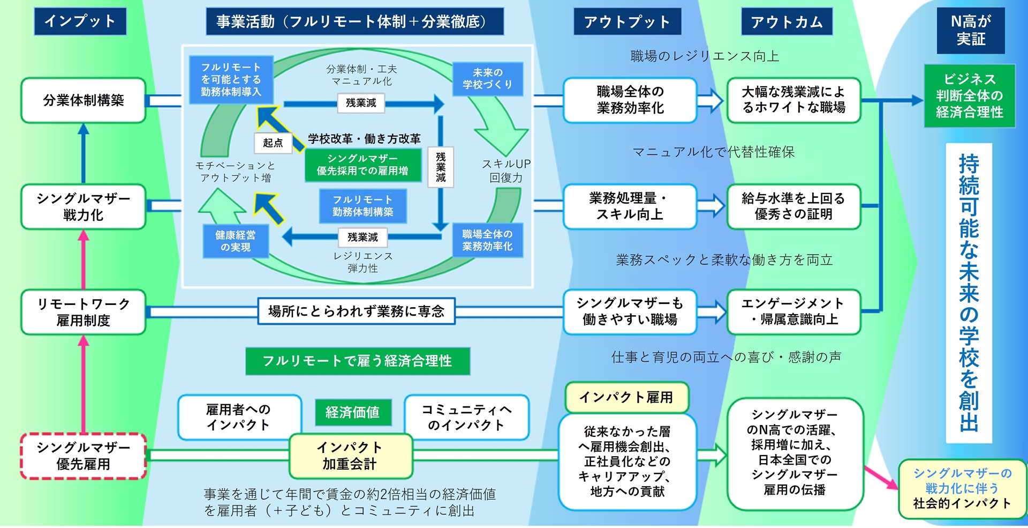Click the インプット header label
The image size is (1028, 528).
point(80,21)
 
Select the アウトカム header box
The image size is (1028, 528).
point(787,22)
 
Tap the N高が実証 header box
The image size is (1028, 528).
point(970,30)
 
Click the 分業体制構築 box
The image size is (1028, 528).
point(84,100)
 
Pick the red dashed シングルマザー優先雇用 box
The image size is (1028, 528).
point(84,456)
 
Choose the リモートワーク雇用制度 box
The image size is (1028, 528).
point(84,312)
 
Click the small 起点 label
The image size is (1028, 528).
point(273,143)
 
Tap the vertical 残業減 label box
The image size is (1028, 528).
point(441,167)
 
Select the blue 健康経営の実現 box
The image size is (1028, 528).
point(235,241)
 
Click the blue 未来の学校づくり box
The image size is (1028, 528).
point(487,79)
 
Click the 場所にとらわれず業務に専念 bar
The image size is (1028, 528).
point(357,311)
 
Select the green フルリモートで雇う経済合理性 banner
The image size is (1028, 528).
point(357,361)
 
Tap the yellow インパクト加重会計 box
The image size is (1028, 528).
point(350,456)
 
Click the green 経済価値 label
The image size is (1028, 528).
point(353,412)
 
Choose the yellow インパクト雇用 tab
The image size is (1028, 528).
point(626,397)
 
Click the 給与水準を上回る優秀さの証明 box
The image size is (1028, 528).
point(793,206)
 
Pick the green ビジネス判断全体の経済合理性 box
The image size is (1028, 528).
point(969,96)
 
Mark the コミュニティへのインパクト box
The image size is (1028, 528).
point(466,417)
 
